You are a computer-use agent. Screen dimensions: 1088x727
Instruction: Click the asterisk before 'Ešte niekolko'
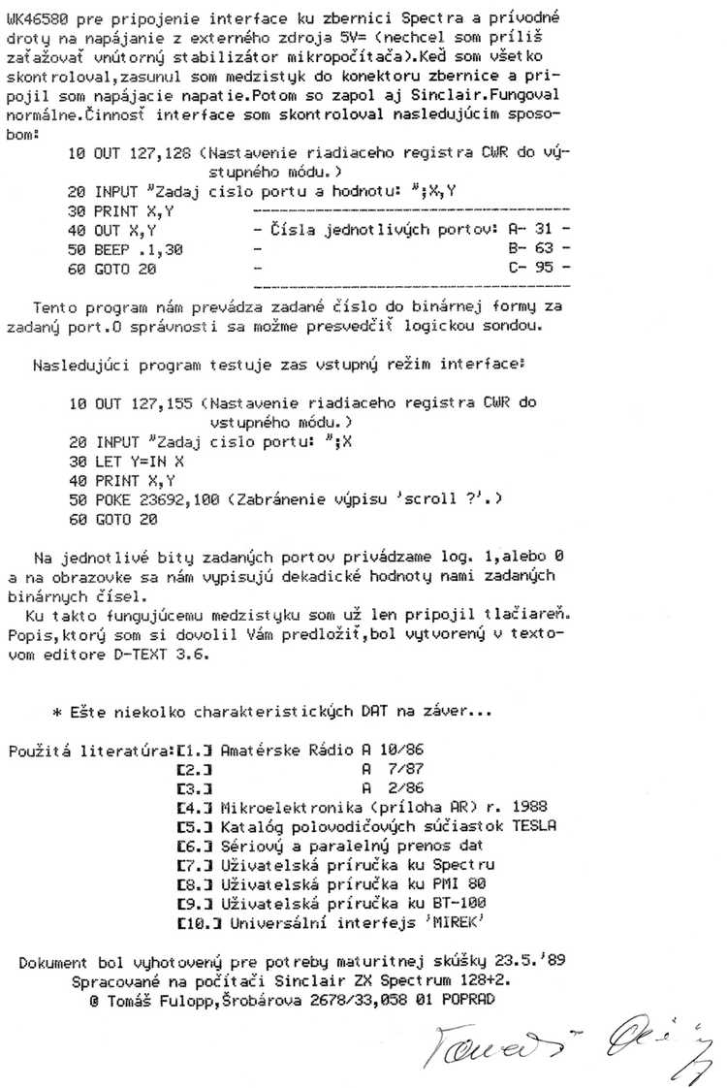tap(58, 711)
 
